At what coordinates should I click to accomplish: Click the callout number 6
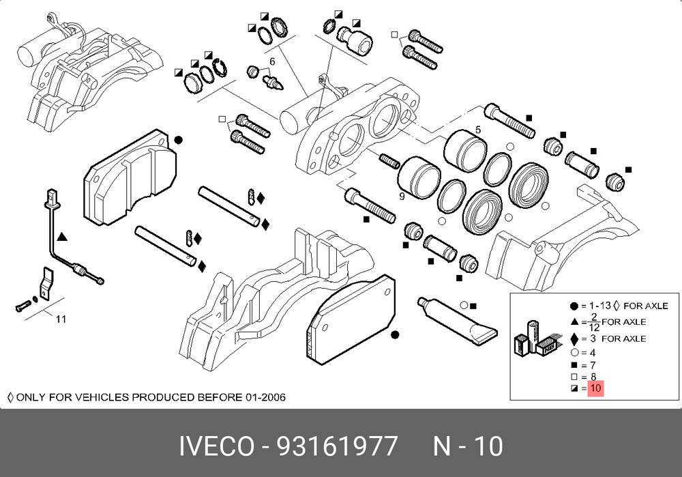point(272,62)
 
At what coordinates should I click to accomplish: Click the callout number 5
point(479,130)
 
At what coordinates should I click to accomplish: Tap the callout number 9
point(402,197)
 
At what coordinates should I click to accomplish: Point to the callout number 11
point(61,319)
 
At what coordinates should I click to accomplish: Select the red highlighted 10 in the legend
point(595,388)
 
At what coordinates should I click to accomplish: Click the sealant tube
point(457,321)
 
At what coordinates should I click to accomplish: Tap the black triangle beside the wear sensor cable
point(62,237)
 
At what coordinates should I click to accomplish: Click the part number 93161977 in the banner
point(337,446)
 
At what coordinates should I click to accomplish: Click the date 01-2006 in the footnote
point(265,397)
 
